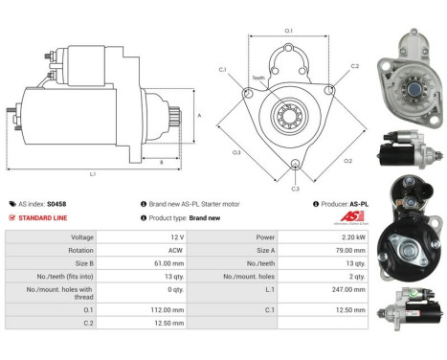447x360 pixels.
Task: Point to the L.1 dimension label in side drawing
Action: tap(91, 173)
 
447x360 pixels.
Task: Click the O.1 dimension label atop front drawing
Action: tap(289, 32)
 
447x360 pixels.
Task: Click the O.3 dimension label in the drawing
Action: tap(235, 150)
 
